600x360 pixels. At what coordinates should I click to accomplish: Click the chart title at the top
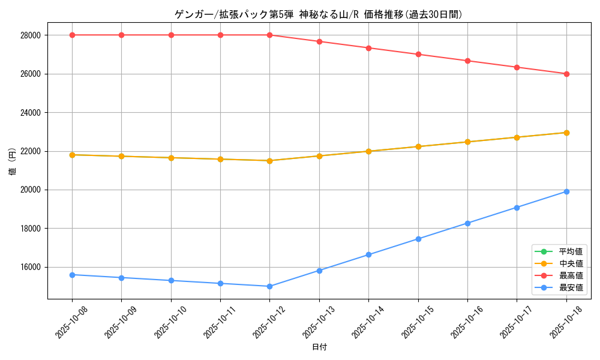pos(318,14)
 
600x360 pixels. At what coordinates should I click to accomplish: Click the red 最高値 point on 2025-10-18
pos(566,74)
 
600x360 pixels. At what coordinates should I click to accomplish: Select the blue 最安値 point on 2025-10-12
pos(270,286)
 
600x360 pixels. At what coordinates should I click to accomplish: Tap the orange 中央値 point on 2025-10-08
pos(72,155)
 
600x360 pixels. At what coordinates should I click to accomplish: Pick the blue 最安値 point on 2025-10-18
pos(566,191)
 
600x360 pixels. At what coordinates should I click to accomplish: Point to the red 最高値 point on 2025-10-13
pos(319,41)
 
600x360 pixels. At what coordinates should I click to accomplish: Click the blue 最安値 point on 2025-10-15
pos(418,239)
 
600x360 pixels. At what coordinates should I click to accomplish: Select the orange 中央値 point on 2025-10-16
pos(467,142)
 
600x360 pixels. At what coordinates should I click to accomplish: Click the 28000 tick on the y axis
pos(30,35)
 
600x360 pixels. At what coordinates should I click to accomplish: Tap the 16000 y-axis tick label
pos(30,267)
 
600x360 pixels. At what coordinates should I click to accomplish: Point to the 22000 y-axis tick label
pos(30,151)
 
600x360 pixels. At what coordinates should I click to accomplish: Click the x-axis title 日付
pos(319,347)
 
